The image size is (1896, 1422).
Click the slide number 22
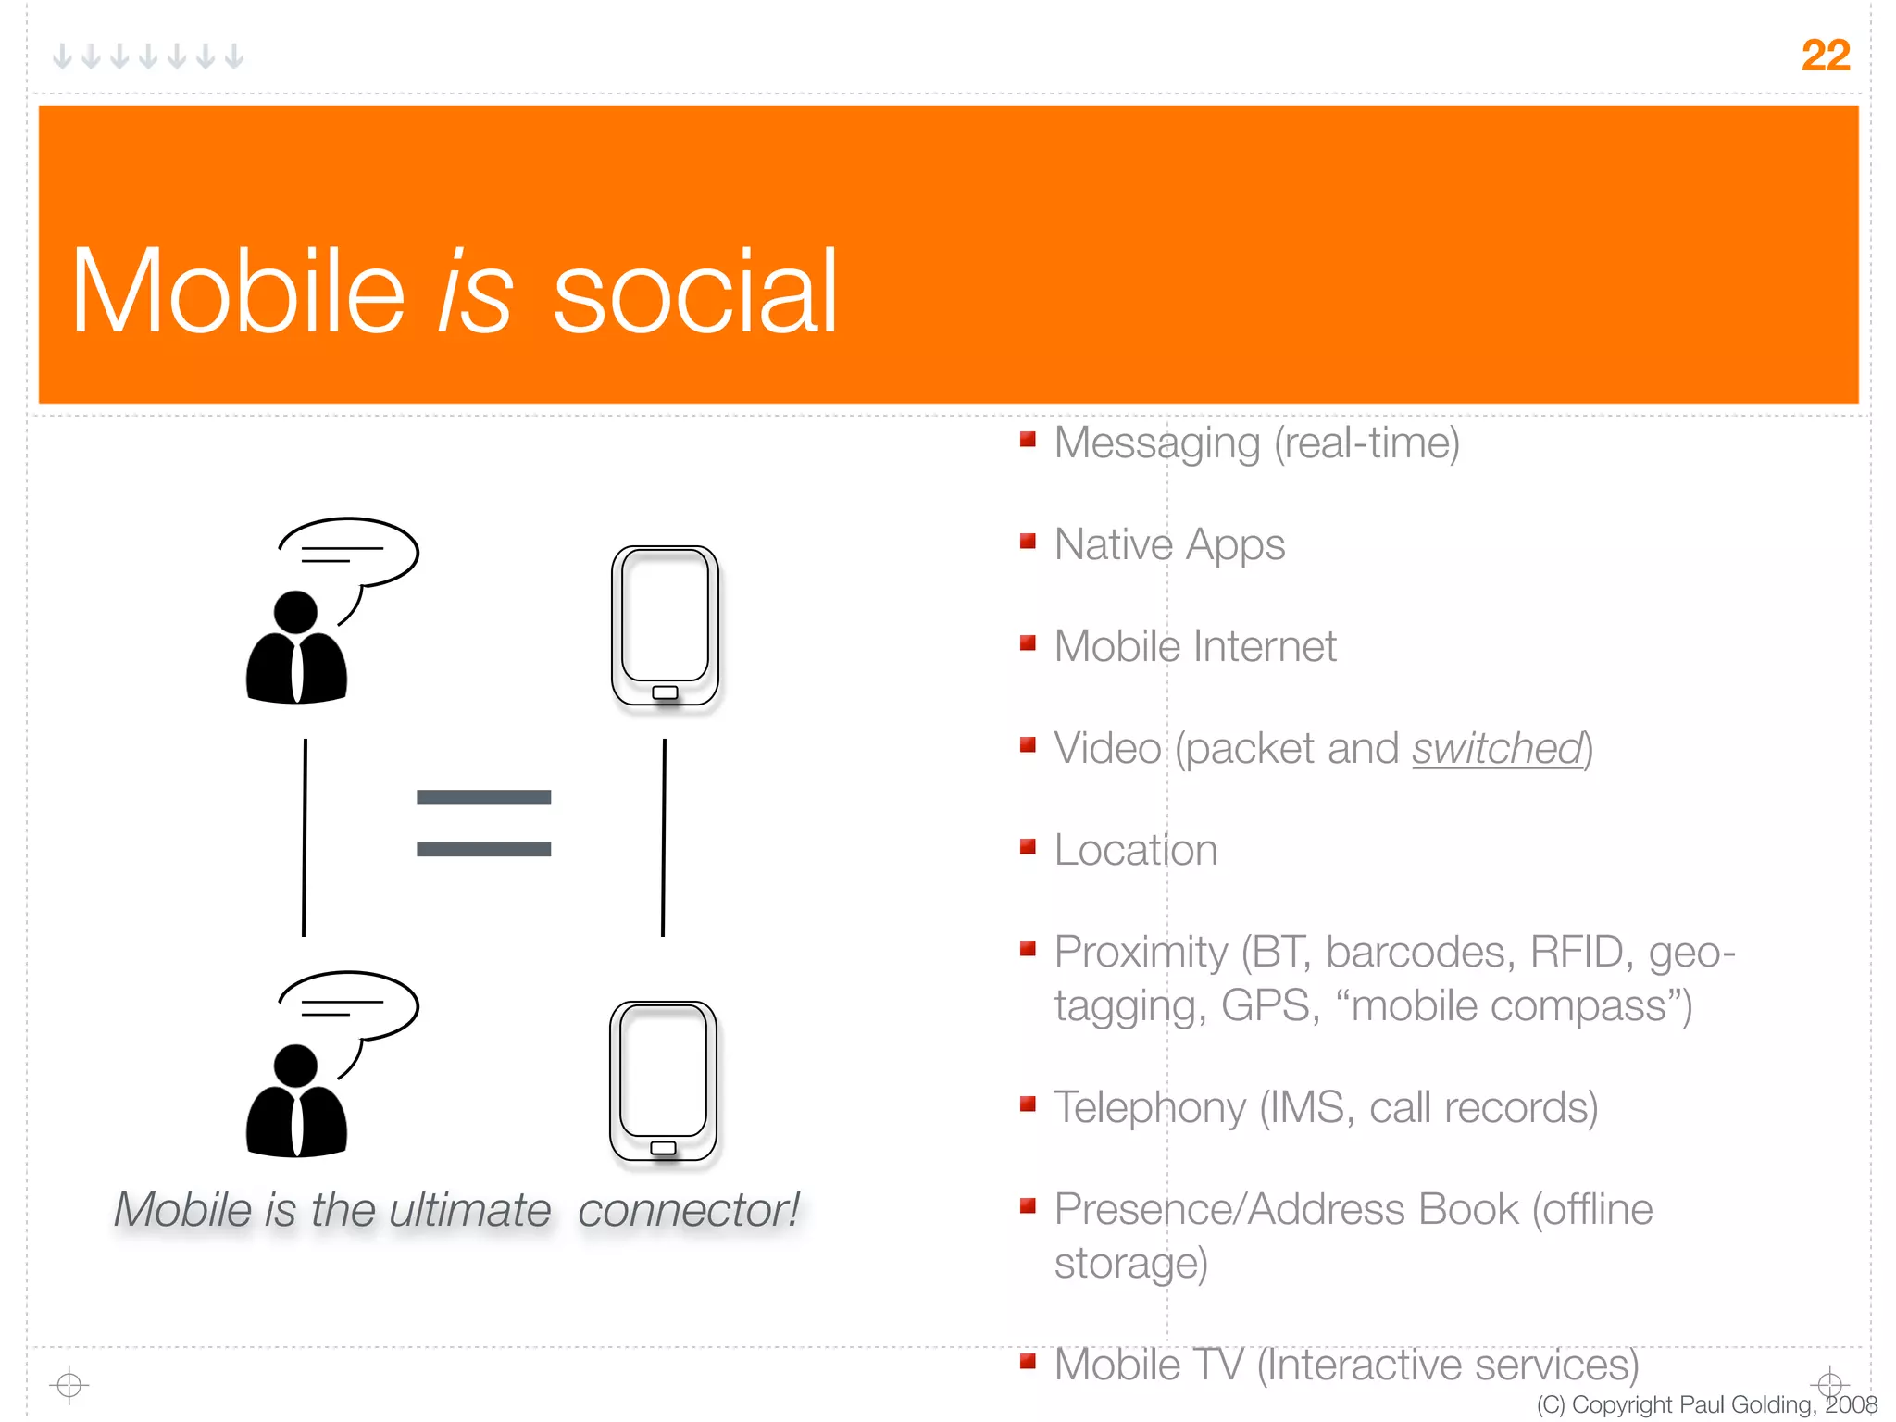[x=1825, y=56]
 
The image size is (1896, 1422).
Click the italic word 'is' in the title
[x=475, y=293]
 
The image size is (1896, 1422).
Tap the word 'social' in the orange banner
[x=694, y=293]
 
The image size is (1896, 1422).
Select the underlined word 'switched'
[x=1497, y=749]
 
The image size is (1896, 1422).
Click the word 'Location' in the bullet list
[x=1135, y=850]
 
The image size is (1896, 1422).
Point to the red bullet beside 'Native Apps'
[x=1028, y=541]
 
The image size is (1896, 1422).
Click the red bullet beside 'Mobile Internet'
[x=1028, y=642]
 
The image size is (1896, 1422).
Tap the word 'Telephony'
[x=1149, y=1108]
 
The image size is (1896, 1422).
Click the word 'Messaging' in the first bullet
[x=1156, y=443]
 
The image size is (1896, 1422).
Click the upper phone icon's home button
[x=665, y=692]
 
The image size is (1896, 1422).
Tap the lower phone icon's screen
[x=663, y=1069]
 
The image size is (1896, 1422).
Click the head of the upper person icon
[x=295, y=612]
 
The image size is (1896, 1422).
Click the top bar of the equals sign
[x=483, y=797]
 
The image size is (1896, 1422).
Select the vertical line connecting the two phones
[x=664, y=837]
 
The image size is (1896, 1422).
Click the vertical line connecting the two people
[x=305, y=837]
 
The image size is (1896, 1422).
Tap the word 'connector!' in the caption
[x=688, y=1210]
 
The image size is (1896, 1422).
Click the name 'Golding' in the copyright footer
[x=1769, y=1404]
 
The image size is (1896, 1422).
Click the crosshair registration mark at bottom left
[x=69, y=1385]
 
